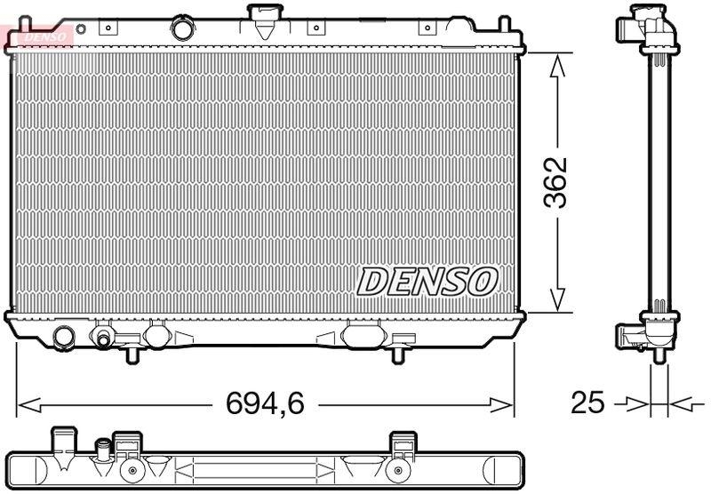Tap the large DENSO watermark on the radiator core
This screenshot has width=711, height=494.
(426, 282)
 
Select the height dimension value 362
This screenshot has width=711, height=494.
(556, 183)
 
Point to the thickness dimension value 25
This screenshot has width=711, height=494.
(587, 404)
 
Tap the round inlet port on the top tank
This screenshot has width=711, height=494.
(183, 29)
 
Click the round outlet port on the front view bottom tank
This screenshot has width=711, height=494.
(64, 337)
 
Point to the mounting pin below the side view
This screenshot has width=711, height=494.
(659, 355)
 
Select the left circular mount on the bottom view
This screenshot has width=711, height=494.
(132, 470)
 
